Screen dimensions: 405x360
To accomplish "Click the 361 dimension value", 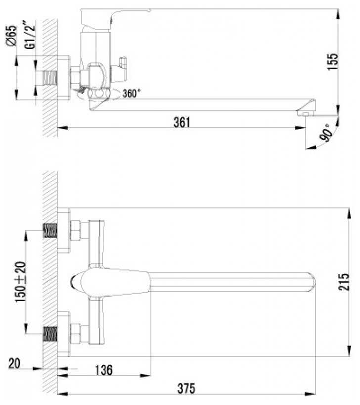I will pyautogui.click(x=181, y=122).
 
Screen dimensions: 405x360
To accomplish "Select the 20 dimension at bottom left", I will pyautogui.click(x=14, y=363).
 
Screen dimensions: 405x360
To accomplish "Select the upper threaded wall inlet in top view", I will pyautogui.click(x=50, y=231).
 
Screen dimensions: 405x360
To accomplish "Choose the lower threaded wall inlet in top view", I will pyautogui.click(x=50, y=333).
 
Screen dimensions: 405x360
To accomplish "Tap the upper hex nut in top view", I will pyautogui.click(x=77, y=231).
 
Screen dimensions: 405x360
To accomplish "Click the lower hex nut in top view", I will pyautogui.click(x=77, y=333).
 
